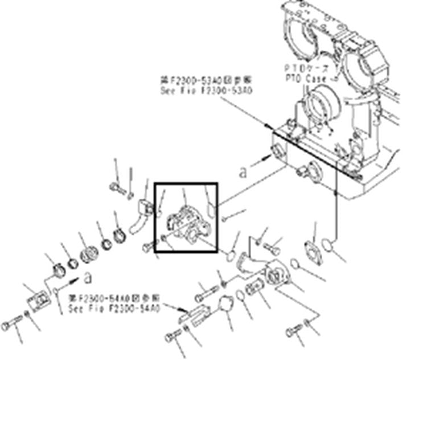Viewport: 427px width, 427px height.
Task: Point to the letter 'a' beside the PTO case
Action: (244, 171)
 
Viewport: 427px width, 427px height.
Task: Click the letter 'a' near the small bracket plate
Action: (87, 277)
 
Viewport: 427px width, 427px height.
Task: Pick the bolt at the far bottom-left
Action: (9, 326)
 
